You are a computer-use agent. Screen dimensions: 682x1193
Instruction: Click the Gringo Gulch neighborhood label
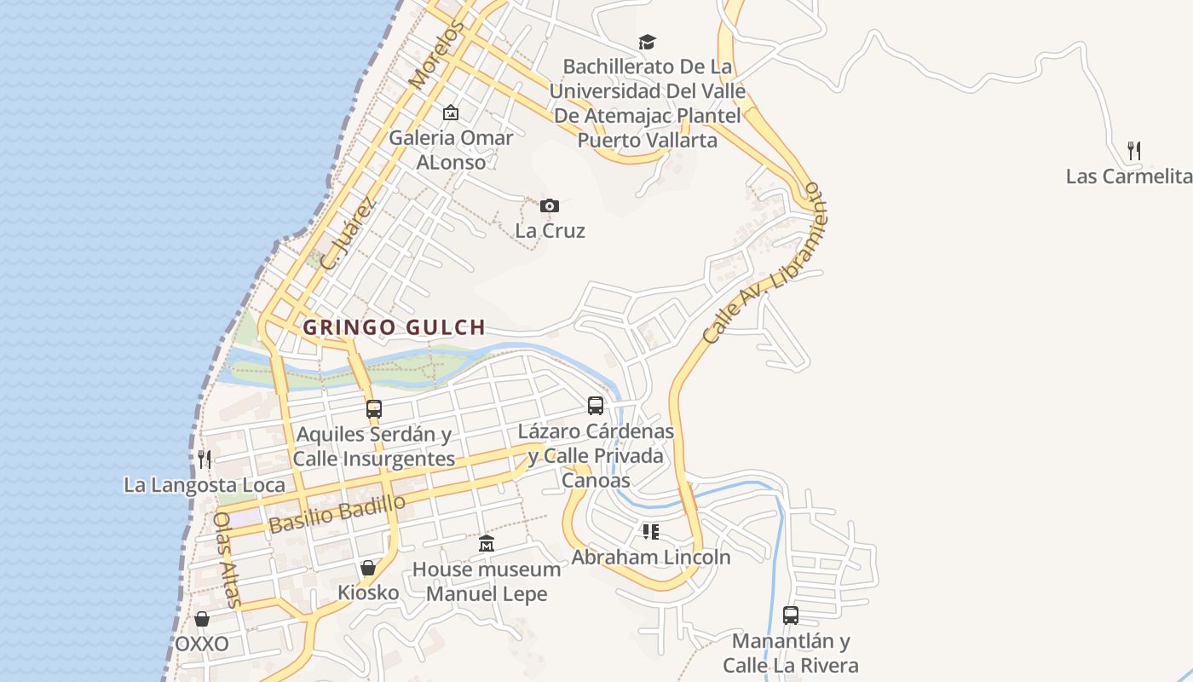[394, 327]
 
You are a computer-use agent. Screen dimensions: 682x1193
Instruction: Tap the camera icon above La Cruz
[550, 205]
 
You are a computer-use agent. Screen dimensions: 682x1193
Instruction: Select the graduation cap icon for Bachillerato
[648, 42]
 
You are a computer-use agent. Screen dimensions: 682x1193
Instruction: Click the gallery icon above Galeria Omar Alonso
[451, 113]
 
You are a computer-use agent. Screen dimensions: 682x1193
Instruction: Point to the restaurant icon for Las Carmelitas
[1134, 151]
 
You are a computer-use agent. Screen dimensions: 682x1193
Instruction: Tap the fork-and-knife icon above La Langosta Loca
[204, 459]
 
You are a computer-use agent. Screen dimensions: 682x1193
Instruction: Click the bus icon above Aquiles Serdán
[373, 409]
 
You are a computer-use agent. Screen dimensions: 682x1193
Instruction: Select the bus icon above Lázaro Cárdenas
[596, 406]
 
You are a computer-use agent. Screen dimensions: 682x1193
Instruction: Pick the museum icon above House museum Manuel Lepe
[486, 543]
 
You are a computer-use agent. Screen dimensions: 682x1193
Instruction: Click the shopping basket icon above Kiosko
[368, 567]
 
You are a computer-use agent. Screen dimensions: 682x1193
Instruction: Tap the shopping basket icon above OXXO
[202, 619]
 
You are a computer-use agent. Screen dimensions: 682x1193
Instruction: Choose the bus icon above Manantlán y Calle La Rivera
[791, 615]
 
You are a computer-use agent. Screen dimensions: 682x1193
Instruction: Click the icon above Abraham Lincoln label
[651, 532]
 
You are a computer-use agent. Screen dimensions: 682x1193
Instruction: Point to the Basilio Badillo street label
[337, 514]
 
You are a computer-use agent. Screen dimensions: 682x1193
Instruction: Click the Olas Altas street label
[228, 559]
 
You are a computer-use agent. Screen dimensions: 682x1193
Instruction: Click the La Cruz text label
[550, 231]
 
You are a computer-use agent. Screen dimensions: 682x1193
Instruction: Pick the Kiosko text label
[368, 592]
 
